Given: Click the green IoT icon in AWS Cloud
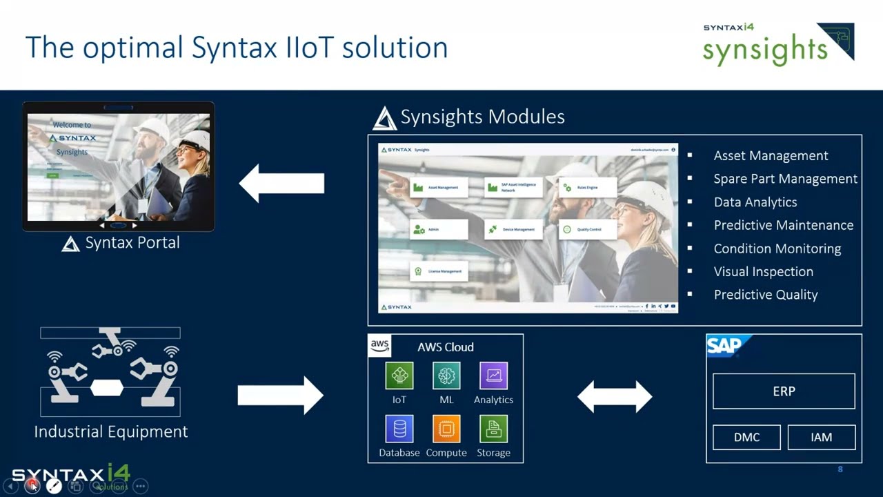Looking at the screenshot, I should pyautogui.click(x=399, y=376).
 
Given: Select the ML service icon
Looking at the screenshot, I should pyautogui.click(x=446, y=376).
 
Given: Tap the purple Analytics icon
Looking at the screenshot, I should pyautogui.click(x=493, y=376).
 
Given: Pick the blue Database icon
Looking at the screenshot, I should pyautogui.click(x=399, y=429).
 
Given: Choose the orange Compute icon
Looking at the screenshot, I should pyautogui.click(x=446, y=429).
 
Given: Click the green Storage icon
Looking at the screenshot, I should pyautogui.click(x=493, y=429).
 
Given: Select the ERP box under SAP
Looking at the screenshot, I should pyautogui.click(x=784, y=391).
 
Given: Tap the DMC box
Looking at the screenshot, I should pyautogui.click(x=746, y=438).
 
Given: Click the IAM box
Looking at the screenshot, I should pyautogui.click(x=821, y=438).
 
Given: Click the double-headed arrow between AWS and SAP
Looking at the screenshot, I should pyautogui.click(x=615, y=396).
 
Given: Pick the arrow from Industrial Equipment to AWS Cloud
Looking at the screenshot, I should pyautogui.click(x=280, y=396).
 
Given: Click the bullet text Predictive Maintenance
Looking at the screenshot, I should pyautogui.click(x=783, y=225).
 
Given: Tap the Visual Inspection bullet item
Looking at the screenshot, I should pyautogui.click(x=763, y=271).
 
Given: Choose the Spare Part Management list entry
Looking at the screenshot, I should pyautogui.click(x=785, y=179).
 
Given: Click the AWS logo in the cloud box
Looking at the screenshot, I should pyautogui.click(x=380, y=345).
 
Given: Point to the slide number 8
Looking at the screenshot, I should pyautogui.click(x=840, y=469).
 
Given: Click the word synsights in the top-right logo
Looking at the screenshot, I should pyautogui.click(x=764, y=50).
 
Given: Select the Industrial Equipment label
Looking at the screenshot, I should pyautogui.click(x=111, y=431).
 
